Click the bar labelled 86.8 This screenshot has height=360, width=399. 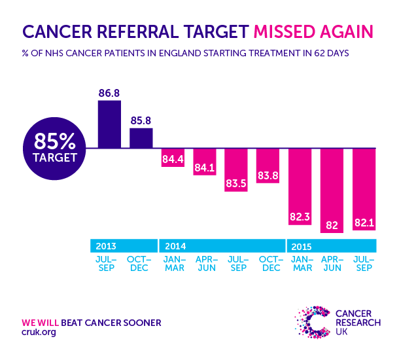point(109,124)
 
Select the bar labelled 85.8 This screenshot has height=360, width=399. point(141,138)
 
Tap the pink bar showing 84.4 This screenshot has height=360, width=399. point(173,158)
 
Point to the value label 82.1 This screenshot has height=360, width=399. point(365,223)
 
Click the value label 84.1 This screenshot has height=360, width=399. point(205,168)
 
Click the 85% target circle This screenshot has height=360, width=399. point(50,147)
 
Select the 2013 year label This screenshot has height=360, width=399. point(106,247)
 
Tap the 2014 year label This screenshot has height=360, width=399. point(175,247)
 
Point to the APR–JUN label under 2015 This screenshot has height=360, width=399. point(333,264)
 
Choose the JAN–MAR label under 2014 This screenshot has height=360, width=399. point(173,264)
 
